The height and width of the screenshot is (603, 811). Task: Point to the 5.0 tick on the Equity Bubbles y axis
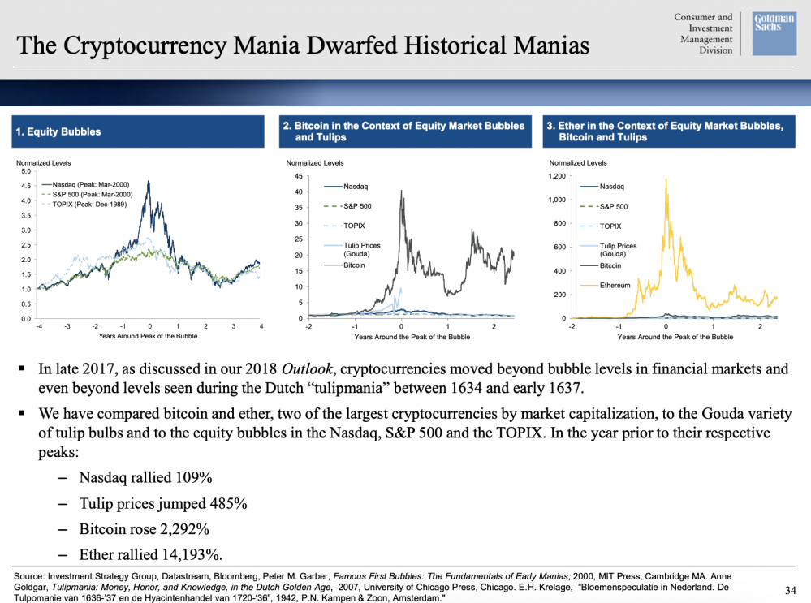click(25, 171)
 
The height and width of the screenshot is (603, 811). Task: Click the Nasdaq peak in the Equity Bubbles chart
click(148, 183)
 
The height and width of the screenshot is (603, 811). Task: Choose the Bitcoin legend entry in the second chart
click(354, 265)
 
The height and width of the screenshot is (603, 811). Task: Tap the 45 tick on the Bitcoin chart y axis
click(298, 176)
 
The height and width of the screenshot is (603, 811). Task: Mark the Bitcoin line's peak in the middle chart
click(402, 189)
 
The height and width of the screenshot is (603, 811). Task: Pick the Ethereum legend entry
click(615, 285)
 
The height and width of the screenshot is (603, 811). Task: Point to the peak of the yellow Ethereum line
click(666, 179)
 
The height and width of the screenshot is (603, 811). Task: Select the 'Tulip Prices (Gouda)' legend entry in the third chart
click(619, 249)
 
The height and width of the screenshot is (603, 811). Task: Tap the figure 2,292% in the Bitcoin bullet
click(182, 529)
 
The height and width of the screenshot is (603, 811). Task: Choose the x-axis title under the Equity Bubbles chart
click(148, 336)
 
